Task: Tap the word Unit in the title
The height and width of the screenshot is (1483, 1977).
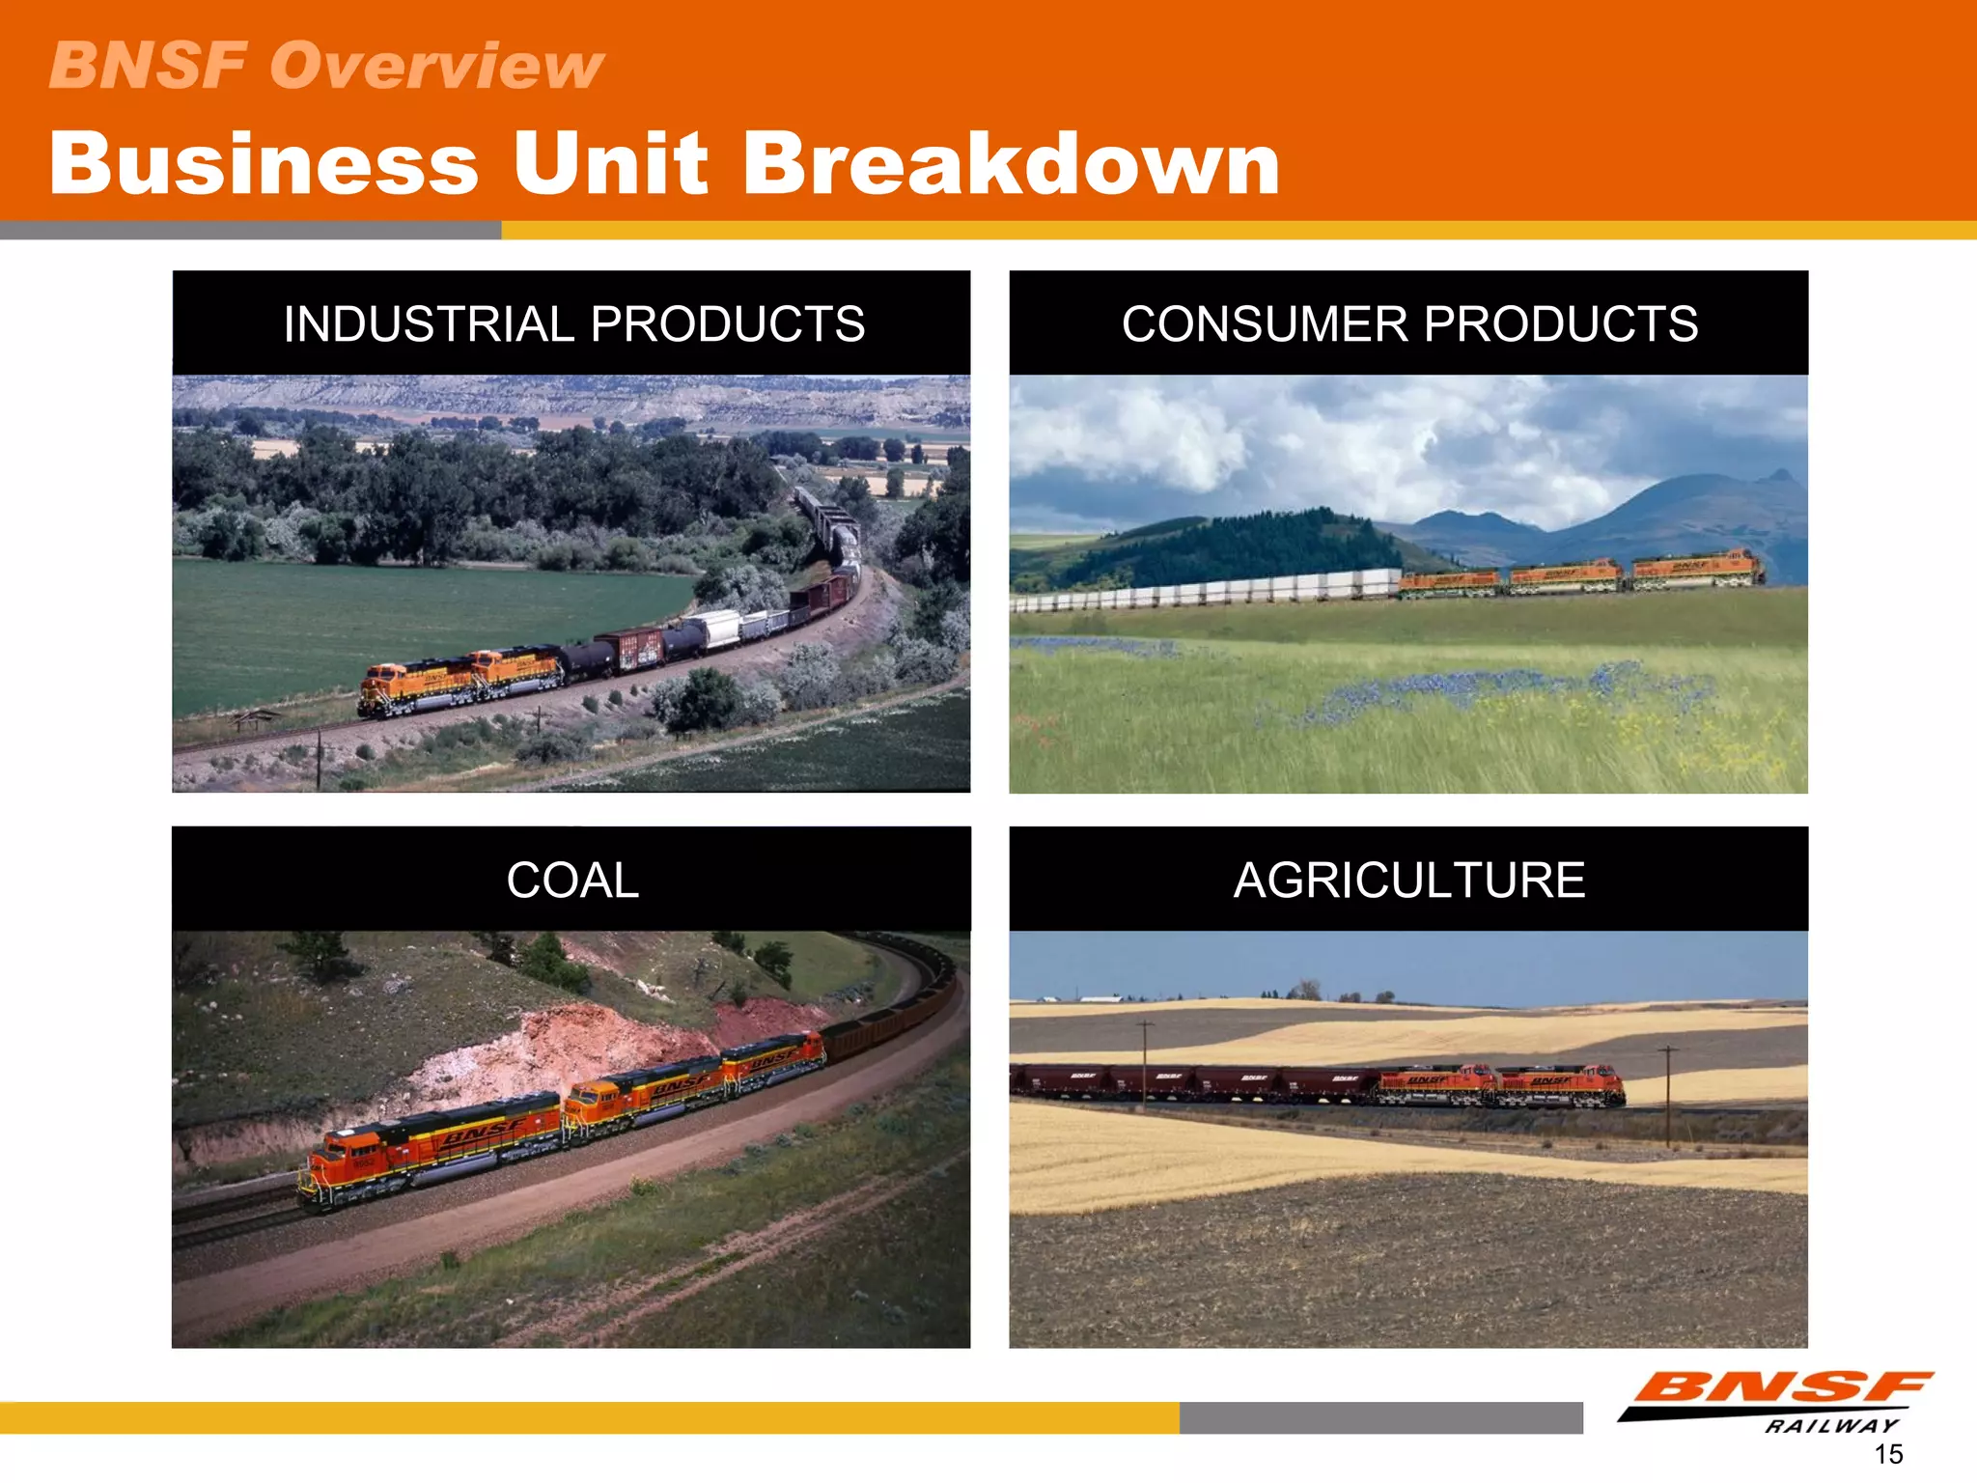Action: [x=610, y=163]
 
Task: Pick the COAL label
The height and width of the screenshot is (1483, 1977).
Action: [x=572, y=880]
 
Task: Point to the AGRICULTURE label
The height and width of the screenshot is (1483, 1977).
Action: [x=1408, y=880]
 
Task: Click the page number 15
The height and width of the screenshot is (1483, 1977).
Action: [x=1888, y=1454]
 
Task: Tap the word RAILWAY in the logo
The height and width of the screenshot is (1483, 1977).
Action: [x=1831, y=1426]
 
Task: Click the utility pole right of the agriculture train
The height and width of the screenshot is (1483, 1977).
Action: [x=1668, y=1096]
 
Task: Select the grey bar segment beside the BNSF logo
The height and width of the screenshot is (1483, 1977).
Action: [x=1380, y=1417]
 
